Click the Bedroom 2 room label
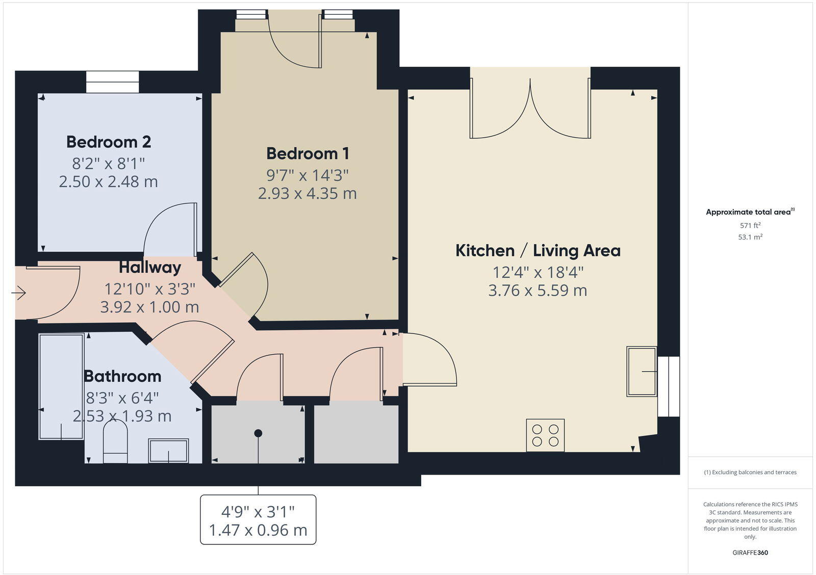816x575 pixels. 108,142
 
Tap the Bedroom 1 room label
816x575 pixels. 308,153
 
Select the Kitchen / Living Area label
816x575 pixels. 538,251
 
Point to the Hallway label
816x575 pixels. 150,268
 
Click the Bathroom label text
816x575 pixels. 122,376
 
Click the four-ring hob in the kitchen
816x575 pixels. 545,435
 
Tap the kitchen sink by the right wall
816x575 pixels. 642,372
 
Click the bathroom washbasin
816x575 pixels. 168,451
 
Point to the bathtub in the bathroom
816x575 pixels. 61,386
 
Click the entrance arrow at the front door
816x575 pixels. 19,293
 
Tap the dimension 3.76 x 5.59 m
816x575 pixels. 538,291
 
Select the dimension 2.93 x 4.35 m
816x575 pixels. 308,194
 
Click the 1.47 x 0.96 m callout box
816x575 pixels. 258,520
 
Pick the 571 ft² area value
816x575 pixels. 750,225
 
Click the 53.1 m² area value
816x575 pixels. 750,237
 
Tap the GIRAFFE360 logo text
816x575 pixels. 750,553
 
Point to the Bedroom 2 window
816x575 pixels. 112,82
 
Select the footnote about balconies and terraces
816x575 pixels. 750,473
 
